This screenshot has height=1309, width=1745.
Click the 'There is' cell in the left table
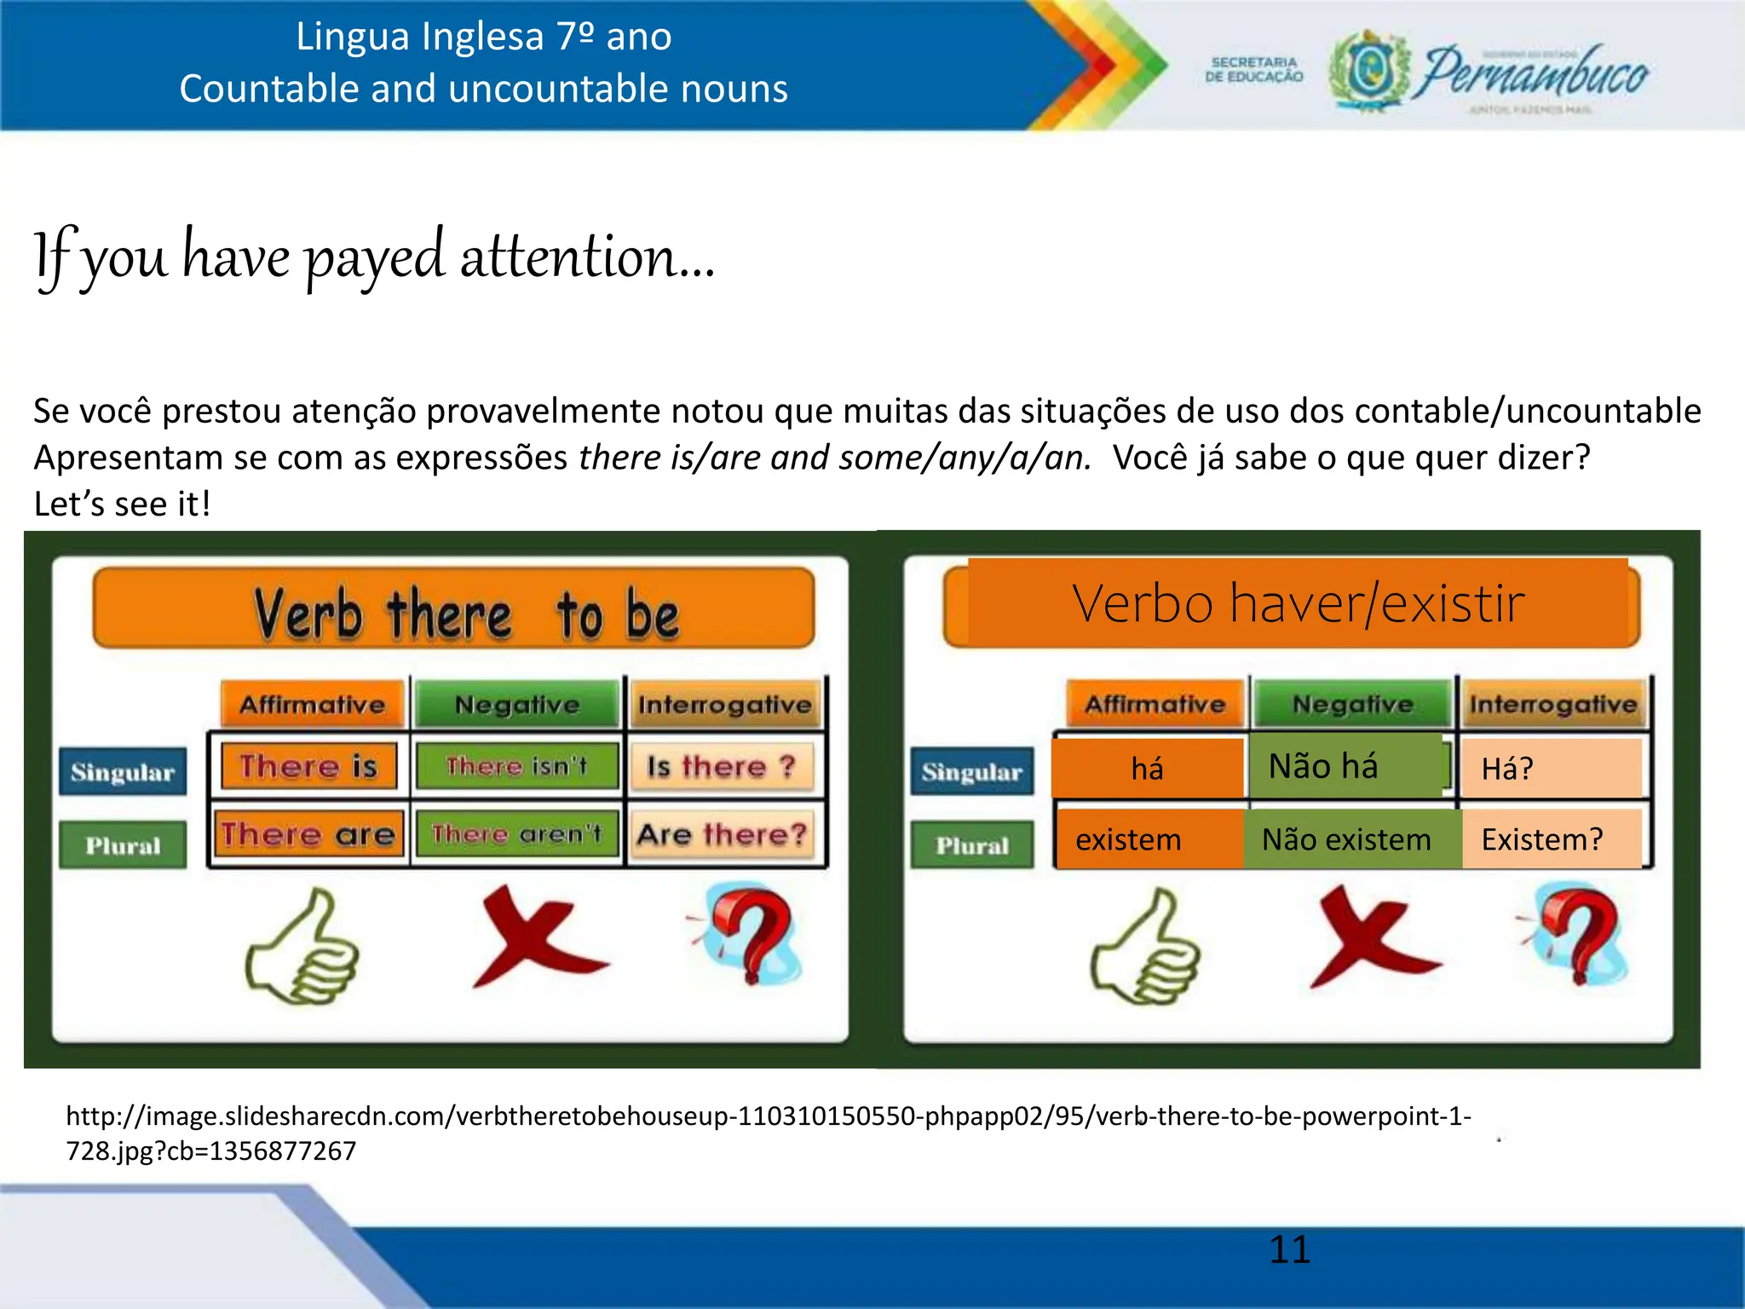pyautogui.click(x=308, y=765)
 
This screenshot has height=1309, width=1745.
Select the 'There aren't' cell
pyautogui.click(x=517, y=833)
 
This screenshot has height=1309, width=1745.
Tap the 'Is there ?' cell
pyautogui.click(x=722, y=766)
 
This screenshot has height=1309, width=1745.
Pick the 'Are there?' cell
pyautogui.click(x=722, y=833)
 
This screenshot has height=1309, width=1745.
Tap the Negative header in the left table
pyautogui.click(x=517, y=705)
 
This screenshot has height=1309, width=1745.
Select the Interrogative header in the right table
pyautogui.click(x=1552, y=704)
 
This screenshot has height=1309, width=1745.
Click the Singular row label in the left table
pyautogui.click(x=123, y=772)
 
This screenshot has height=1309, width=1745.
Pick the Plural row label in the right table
pyautogui.click(x=972, y=845)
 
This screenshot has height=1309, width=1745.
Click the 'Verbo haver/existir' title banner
pyautogui.click(x=1298, y=603)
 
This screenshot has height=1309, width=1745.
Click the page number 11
pyautogui.click(x=1289, y=1249)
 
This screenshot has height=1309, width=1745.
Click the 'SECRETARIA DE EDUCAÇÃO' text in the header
pyautogui.click(x=1253, y=70)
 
